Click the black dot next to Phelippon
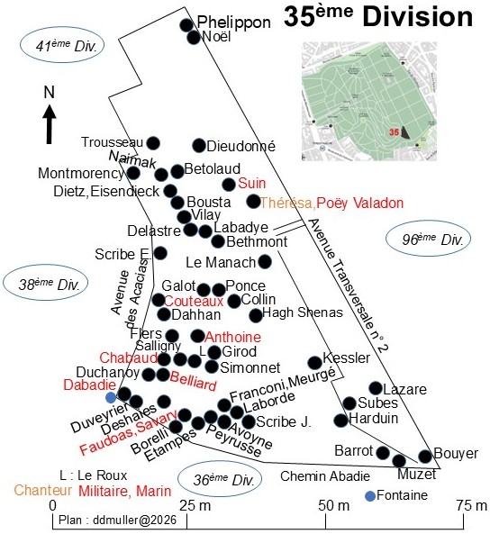186,25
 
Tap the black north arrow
50,124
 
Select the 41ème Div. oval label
62,46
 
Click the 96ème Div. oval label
429,239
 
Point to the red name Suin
252,183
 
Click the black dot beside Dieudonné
199,146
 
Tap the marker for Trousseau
153,143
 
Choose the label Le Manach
221,263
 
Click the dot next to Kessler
314,363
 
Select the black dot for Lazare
376,388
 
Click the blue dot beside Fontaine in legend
370,496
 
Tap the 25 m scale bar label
195,505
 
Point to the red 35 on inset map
394,131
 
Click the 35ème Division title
378,17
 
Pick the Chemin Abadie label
325,476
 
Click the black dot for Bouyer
425,457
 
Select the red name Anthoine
233,337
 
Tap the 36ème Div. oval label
220,479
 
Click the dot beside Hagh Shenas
256,315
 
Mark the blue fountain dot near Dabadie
111,397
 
